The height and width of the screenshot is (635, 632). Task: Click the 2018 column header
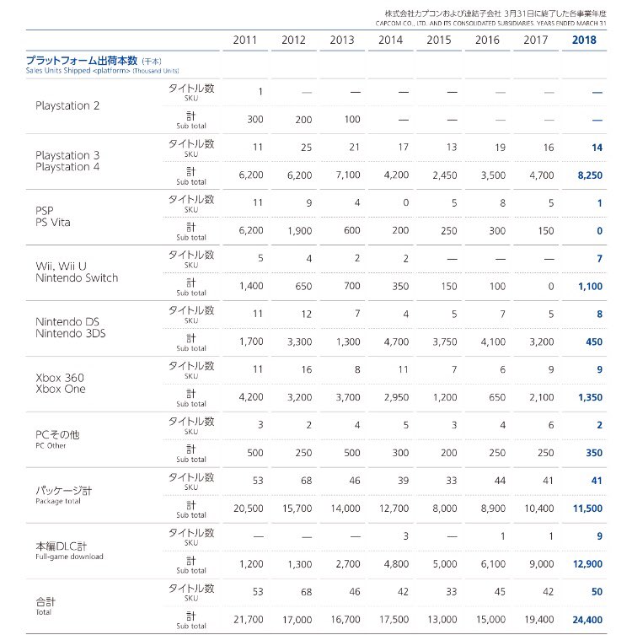[x=584, y=40]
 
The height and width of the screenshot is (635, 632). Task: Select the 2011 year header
[x=244, y=40]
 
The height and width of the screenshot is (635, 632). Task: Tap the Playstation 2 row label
[x=67, y=105]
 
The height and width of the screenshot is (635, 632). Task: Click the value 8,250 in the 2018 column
[x=590, y=175]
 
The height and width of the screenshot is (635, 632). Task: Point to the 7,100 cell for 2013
[x=348, y=175]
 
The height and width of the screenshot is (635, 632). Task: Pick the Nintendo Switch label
[x=77, y=277]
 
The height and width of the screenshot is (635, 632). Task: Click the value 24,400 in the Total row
[x=587, y=619]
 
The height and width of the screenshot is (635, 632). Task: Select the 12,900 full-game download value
[x=587, y=563]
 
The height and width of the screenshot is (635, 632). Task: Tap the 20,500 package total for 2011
[x=248, y=509]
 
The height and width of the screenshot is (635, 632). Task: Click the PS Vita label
[x=53, y=223]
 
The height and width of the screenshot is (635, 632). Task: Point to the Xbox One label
[x=61, y=389]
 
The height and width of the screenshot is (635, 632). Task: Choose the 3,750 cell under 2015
[x=445, y=342]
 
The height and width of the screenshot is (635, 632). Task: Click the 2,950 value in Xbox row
[x=396, y=397]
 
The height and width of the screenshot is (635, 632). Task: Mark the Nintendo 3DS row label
[x=71, y=333]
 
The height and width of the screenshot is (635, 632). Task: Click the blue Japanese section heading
[x=82, y=61]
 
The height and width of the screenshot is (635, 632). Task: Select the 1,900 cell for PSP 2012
[x=299, y=230]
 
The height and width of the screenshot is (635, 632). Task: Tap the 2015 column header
[x=438, y=40]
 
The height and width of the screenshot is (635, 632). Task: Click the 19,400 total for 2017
[x=539, y=619]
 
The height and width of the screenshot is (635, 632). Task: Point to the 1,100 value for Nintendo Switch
[x=590, y=287]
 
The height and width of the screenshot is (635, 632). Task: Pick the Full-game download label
[x=69, y=557]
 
